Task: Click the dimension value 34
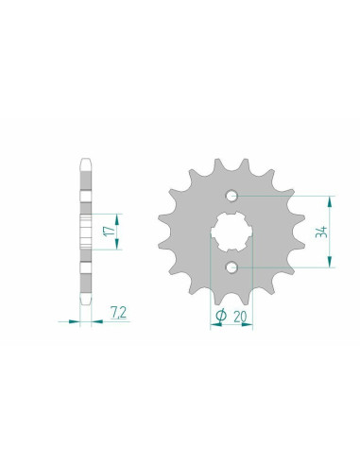[x=323, y=232]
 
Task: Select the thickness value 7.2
[x=117, y=310]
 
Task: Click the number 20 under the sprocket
[x=239, y=317]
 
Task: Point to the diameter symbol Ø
[x=218, y=317]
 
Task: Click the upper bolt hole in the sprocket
[x=231, y=196]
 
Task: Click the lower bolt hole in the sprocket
[x=231, y=267]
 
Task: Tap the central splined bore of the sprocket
[x=231, y=232]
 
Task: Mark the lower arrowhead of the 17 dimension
[x=118, y=247]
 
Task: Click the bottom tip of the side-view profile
[x=86, y=307]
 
